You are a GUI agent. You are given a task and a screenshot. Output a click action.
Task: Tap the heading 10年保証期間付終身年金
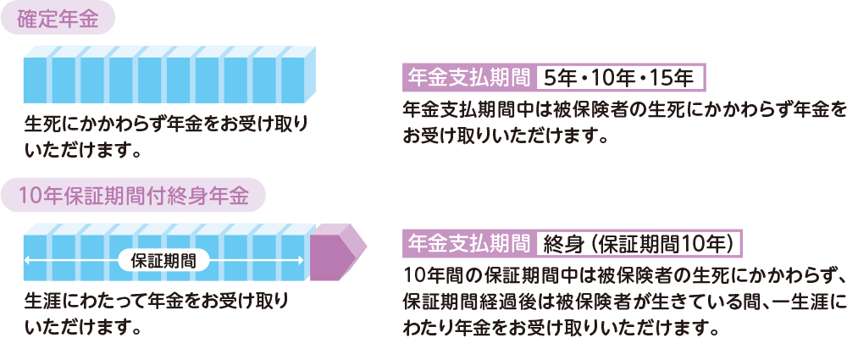point(136,197)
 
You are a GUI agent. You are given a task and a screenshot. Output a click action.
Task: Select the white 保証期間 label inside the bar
point(164,260)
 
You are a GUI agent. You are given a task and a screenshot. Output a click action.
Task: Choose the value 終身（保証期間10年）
point(639,243)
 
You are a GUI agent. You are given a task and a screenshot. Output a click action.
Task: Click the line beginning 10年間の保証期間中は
point(623,276)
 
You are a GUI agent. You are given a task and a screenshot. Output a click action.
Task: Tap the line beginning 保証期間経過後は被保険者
point(623,302)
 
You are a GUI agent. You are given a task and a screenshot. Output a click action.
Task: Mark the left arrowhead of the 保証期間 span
point(30,260)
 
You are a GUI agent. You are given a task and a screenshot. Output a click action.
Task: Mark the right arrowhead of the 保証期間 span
point(302,260)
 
